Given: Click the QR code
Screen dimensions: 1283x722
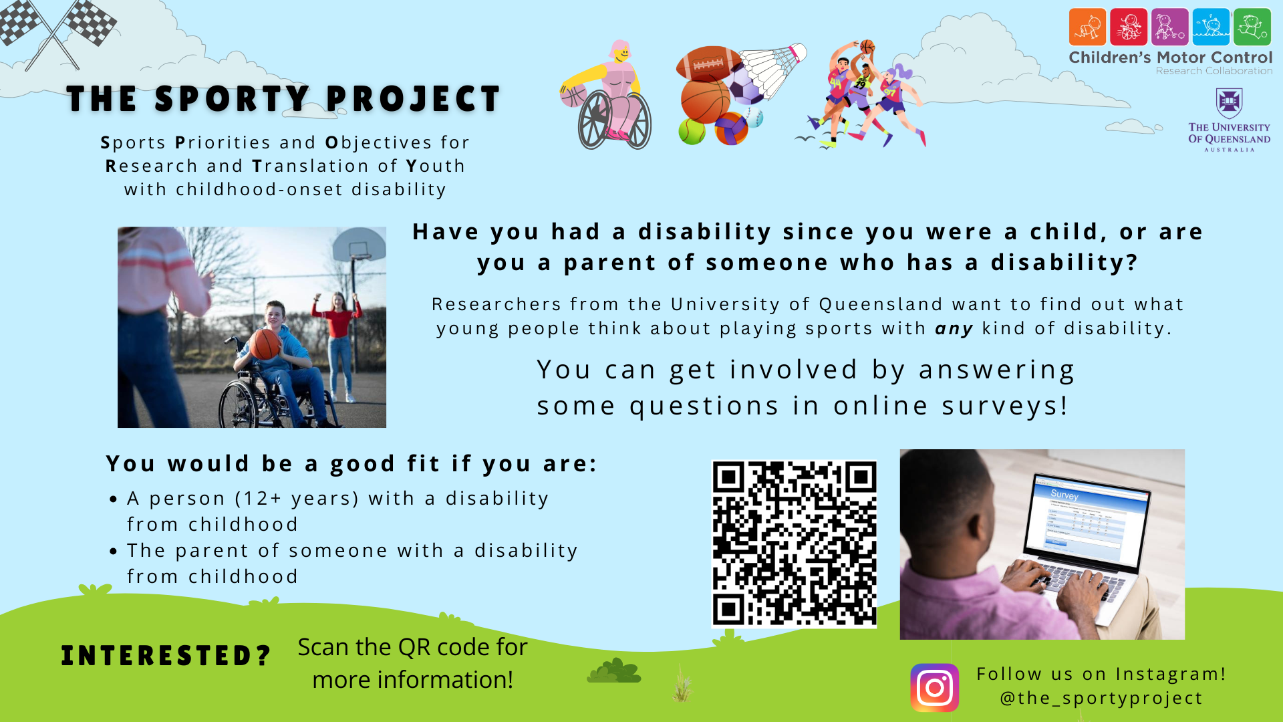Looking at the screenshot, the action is [794, 543].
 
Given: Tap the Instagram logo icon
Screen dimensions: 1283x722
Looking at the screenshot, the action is [934, 687].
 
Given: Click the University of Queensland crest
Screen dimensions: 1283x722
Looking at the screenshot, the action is [1229, 104].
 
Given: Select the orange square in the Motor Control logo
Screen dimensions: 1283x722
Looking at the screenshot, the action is [1087, 27].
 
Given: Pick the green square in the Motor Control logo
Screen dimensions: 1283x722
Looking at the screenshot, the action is [1252, 27].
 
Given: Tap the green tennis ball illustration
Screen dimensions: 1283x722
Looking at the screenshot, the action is [692, 131].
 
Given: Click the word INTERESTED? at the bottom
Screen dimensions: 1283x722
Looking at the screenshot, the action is [166, 656].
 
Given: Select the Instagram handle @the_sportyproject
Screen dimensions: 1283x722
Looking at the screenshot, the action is [1101, 698].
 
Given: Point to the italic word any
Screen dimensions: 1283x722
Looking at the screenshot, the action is [954, 329].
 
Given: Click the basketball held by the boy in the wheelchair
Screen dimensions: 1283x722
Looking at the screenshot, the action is [265, 344].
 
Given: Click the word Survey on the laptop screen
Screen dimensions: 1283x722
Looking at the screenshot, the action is [1064, 495].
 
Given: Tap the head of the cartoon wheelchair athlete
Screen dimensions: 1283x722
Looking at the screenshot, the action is [621, 52].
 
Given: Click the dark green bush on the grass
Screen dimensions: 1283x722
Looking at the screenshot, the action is [614, 671].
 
